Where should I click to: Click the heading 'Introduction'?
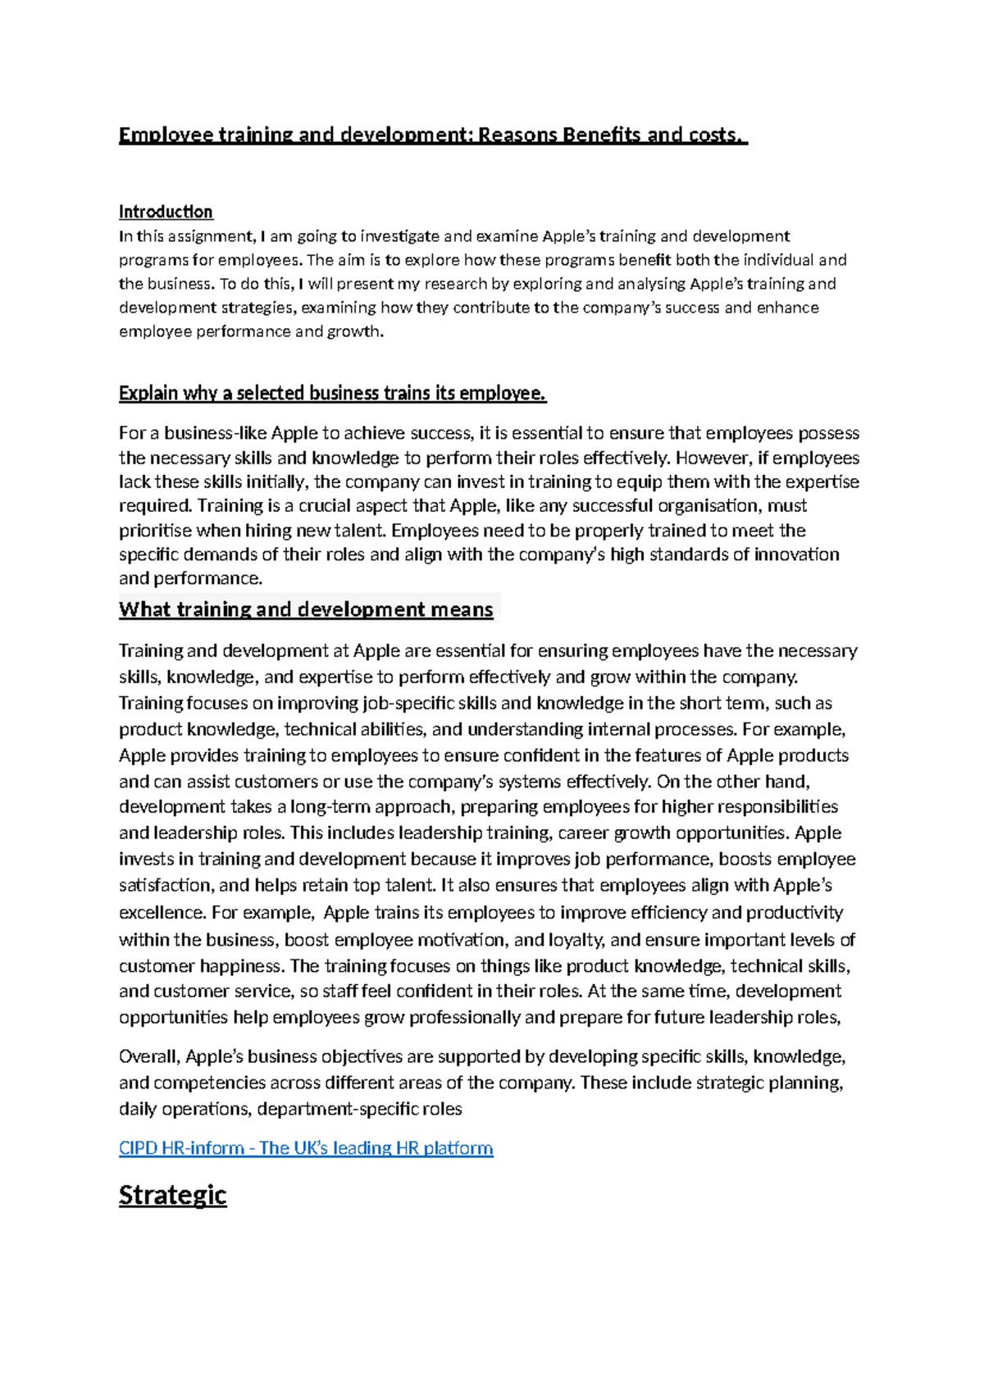coord(166,212)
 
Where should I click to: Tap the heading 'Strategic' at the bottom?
coord(172,1194)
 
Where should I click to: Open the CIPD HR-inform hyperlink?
coord(306,1147)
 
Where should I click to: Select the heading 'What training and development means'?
coord(306,609)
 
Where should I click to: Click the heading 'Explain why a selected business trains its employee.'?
coord(332,393)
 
